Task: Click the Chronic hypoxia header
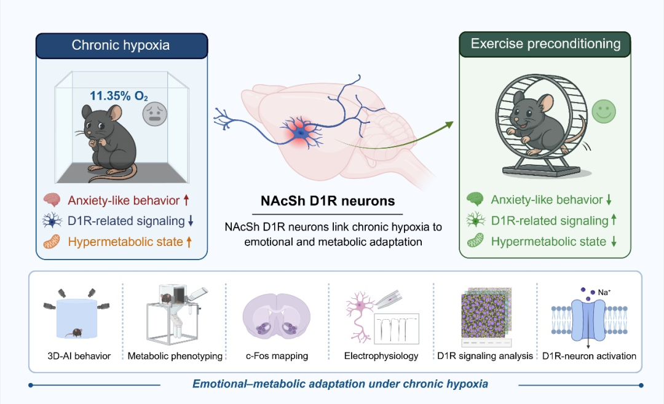[121, 45]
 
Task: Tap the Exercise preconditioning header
[545, 44]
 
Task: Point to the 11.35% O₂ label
[119, 96]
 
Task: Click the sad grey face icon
[154, 114]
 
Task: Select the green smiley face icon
[604, 112]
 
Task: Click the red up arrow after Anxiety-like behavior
[186, 200]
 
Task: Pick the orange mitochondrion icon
[52, 242]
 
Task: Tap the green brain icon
[475, 199]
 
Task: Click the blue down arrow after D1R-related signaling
[191, 221]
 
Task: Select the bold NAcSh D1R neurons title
[328, 200]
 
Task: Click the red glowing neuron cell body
[301, 133]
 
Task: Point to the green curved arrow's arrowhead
[448, 125]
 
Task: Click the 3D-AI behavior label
[79, 356]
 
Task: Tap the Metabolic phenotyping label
[175, 356]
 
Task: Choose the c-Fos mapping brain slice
[277, 318]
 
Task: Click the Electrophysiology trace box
[397, 328]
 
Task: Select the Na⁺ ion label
[604, 292]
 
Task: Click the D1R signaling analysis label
[485, 356]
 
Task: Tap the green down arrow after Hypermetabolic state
[614, 242]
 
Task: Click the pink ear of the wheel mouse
[547, 103]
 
